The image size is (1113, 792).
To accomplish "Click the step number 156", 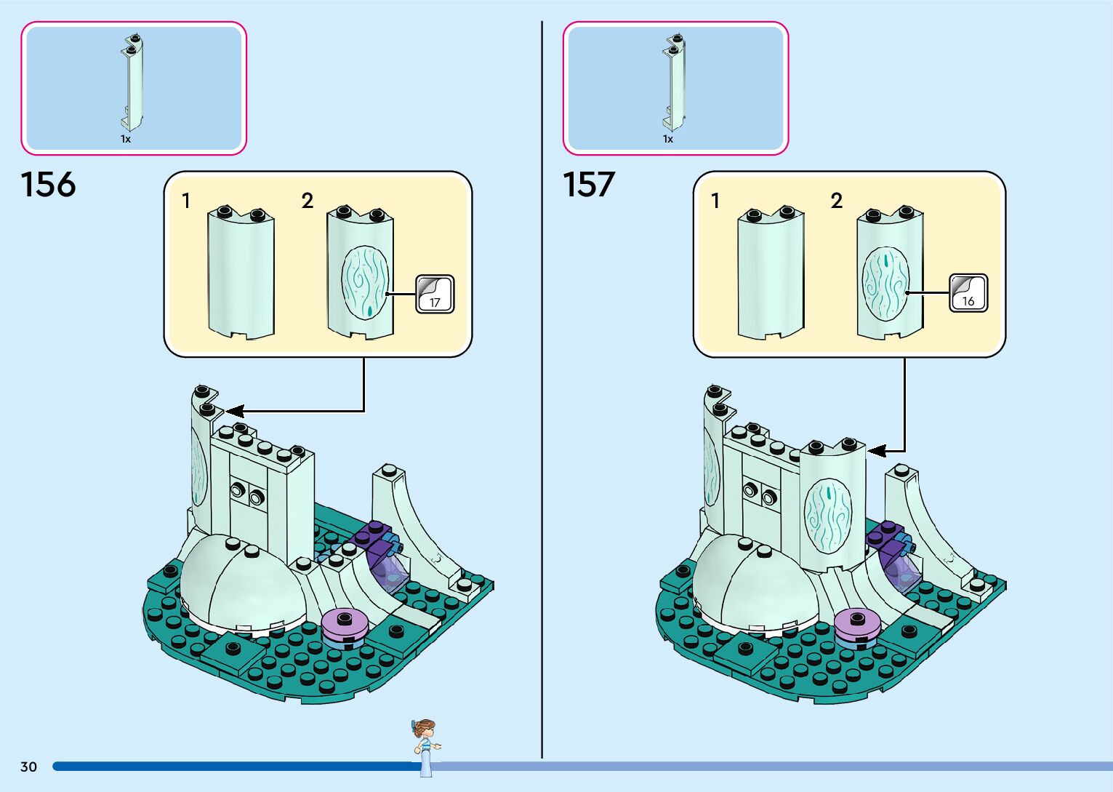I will point(48,185).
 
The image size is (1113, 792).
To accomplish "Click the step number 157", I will point(589,185).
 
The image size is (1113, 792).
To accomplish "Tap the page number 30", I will point(28,767).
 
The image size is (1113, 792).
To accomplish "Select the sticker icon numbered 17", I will point(435,295).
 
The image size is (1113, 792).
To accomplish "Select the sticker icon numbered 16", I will point(968,293).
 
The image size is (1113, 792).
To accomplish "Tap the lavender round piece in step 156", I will point(345,625).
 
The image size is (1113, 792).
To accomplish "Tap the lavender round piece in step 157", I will point(858,625).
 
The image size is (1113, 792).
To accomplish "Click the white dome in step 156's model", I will point(240,582).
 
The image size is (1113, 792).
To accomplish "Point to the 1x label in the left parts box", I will point(126,139).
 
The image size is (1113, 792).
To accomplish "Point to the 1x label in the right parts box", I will point(668,139).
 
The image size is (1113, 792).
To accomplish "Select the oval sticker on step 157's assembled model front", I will point(827,513).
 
